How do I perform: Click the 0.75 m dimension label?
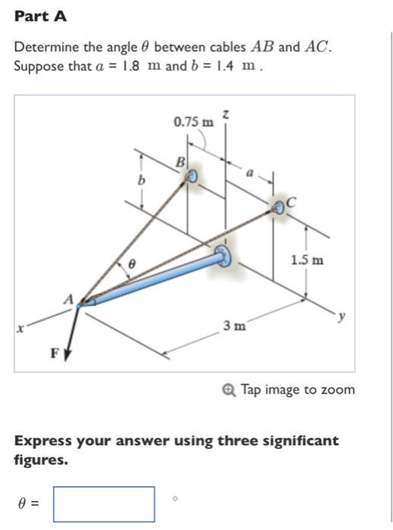[x=192, y=122]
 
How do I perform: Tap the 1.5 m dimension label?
[x=307, y=260]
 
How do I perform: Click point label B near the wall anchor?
[x=180, y=162]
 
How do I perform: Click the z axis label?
[x=225, y=113]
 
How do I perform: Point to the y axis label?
[x=343, y=320]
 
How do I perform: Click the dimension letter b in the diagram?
[x=139, y=182]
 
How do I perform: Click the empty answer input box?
[x=104, y=503]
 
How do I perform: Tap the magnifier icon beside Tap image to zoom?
[x=230, y=390]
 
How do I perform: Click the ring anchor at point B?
[x=191, y=176]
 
